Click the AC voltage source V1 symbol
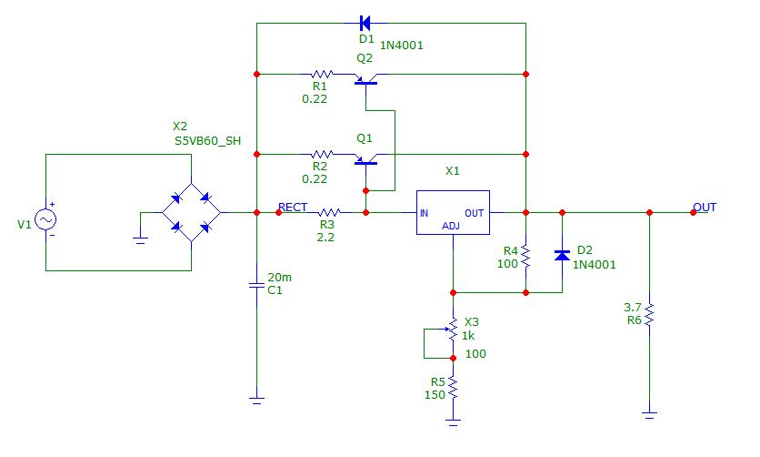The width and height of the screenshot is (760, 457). click(45, 218)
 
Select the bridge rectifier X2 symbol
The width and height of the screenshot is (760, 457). click(191, 213)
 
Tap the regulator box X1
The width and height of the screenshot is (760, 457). click(452, 213)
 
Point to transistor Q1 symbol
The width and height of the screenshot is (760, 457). click(365, 159)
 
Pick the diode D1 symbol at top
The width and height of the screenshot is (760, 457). click(365, 22)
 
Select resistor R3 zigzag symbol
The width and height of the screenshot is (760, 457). click(326, 213)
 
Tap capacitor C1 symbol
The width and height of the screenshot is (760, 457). click(256, 286)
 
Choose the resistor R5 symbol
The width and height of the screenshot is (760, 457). click(452, 389)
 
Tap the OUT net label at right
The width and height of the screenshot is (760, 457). click(705, 208)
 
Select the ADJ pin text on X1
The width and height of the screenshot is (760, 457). click(452, 225)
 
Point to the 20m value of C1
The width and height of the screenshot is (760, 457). click(282, 277)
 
